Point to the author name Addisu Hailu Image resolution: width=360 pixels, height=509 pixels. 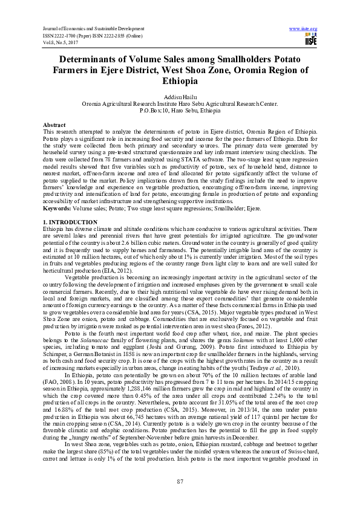pos(180,97)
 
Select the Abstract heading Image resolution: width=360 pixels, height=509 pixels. pos(54,123)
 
